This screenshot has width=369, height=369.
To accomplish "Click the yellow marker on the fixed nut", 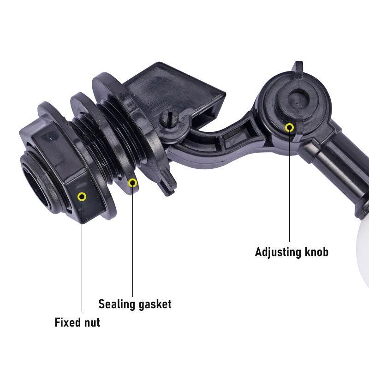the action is click(x=82, y=197).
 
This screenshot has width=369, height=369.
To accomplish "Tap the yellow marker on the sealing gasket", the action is click(x=132, y=183).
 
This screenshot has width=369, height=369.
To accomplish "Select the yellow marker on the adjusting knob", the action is click(x=290, y=128).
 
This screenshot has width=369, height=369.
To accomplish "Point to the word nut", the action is click(x=90, y=323).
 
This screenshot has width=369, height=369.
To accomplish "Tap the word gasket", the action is click(x=155, y=304).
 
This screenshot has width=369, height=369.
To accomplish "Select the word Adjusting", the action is click(x=278, y=252).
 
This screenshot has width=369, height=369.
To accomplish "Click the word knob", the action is click(x=316, y=252).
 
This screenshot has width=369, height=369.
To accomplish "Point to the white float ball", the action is click(x=363, y=254).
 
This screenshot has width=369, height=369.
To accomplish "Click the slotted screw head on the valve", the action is click(x=169, y=118).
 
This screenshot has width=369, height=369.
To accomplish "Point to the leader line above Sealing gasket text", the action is click(x=132, y=242).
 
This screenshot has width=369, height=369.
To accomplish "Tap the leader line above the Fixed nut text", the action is click(x=82, y=256).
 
